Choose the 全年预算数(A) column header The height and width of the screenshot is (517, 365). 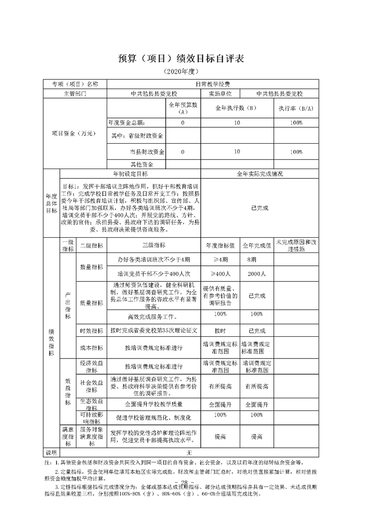[183, 108]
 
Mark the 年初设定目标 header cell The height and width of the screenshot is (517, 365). [131, 174]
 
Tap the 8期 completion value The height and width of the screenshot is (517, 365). [251, 260]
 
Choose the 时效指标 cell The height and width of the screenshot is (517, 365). [92, 331]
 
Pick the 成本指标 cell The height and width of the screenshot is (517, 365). [92, 347]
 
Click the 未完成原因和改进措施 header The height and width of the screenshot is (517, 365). [296, 245]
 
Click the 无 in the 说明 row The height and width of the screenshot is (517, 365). [189, 452]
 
